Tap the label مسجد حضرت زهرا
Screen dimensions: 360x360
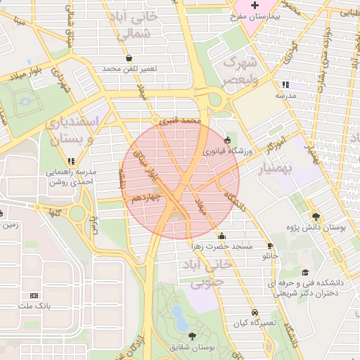[x=221, y=247]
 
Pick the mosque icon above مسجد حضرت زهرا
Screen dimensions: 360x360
[x=222, y=236]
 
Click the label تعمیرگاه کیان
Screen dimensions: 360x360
[x=257, y=322]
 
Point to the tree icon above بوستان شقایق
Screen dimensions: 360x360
[x=193, y=337]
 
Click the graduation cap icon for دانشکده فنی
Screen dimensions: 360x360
[x=304, y=273]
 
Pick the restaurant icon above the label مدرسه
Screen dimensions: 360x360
[x=285, y=84]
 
